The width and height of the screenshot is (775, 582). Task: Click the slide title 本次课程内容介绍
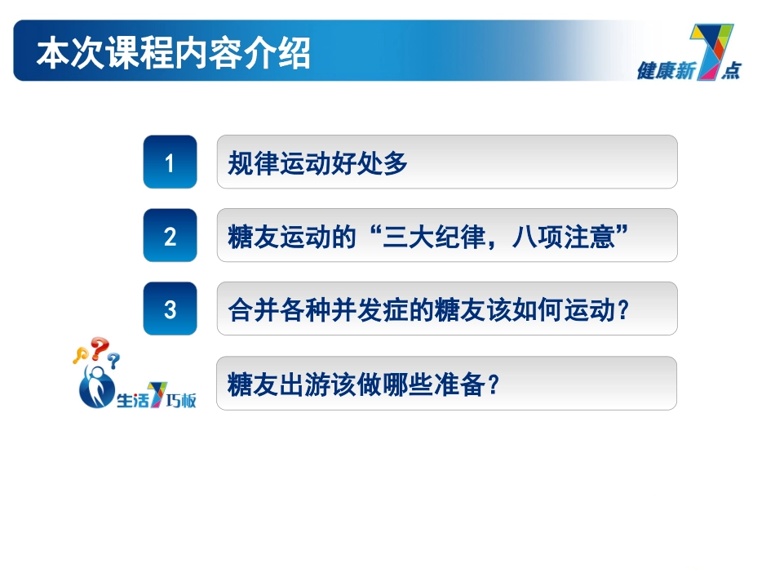(173, 55)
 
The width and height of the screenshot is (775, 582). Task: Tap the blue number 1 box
(170, 162)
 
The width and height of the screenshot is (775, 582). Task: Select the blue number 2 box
(170, 236)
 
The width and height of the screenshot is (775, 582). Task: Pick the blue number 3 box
(170, 309)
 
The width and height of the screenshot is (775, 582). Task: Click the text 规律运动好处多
(317, 163)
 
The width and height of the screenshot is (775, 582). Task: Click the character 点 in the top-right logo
(730, 71)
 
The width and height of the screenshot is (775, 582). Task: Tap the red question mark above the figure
(100, 348)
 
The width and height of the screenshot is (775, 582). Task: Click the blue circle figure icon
(96, 389)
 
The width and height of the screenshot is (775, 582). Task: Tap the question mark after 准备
(492, 384)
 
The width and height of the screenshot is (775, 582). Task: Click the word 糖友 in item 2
(246, 237)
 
